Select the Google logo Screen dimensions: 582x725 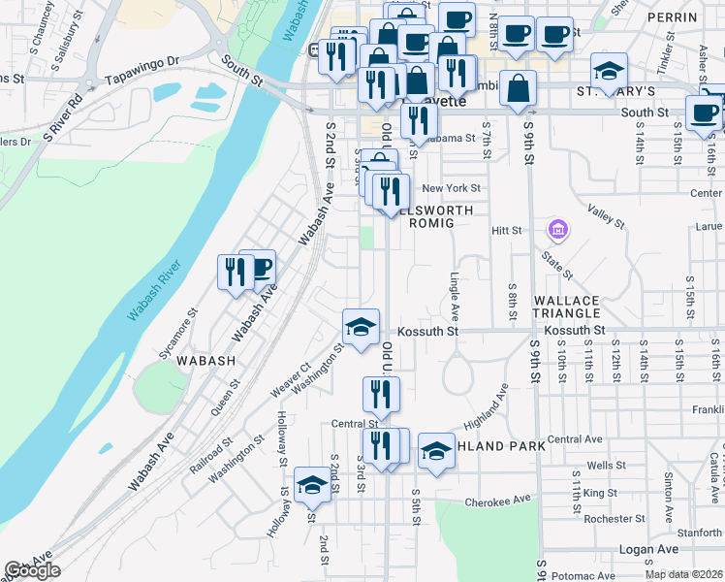point(32,570)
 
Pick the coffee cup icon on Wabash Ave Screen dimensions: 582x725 point(259,267)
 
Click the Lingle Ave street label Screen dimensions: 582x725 point(454,296)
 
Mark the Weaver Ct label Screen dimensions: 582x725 point(290,376)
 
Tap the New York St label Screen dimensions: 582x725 point(452,188)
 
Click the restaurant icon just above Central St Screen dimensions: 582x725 point(380,394)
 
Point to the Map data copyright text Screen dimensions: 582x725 point(683,574)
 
